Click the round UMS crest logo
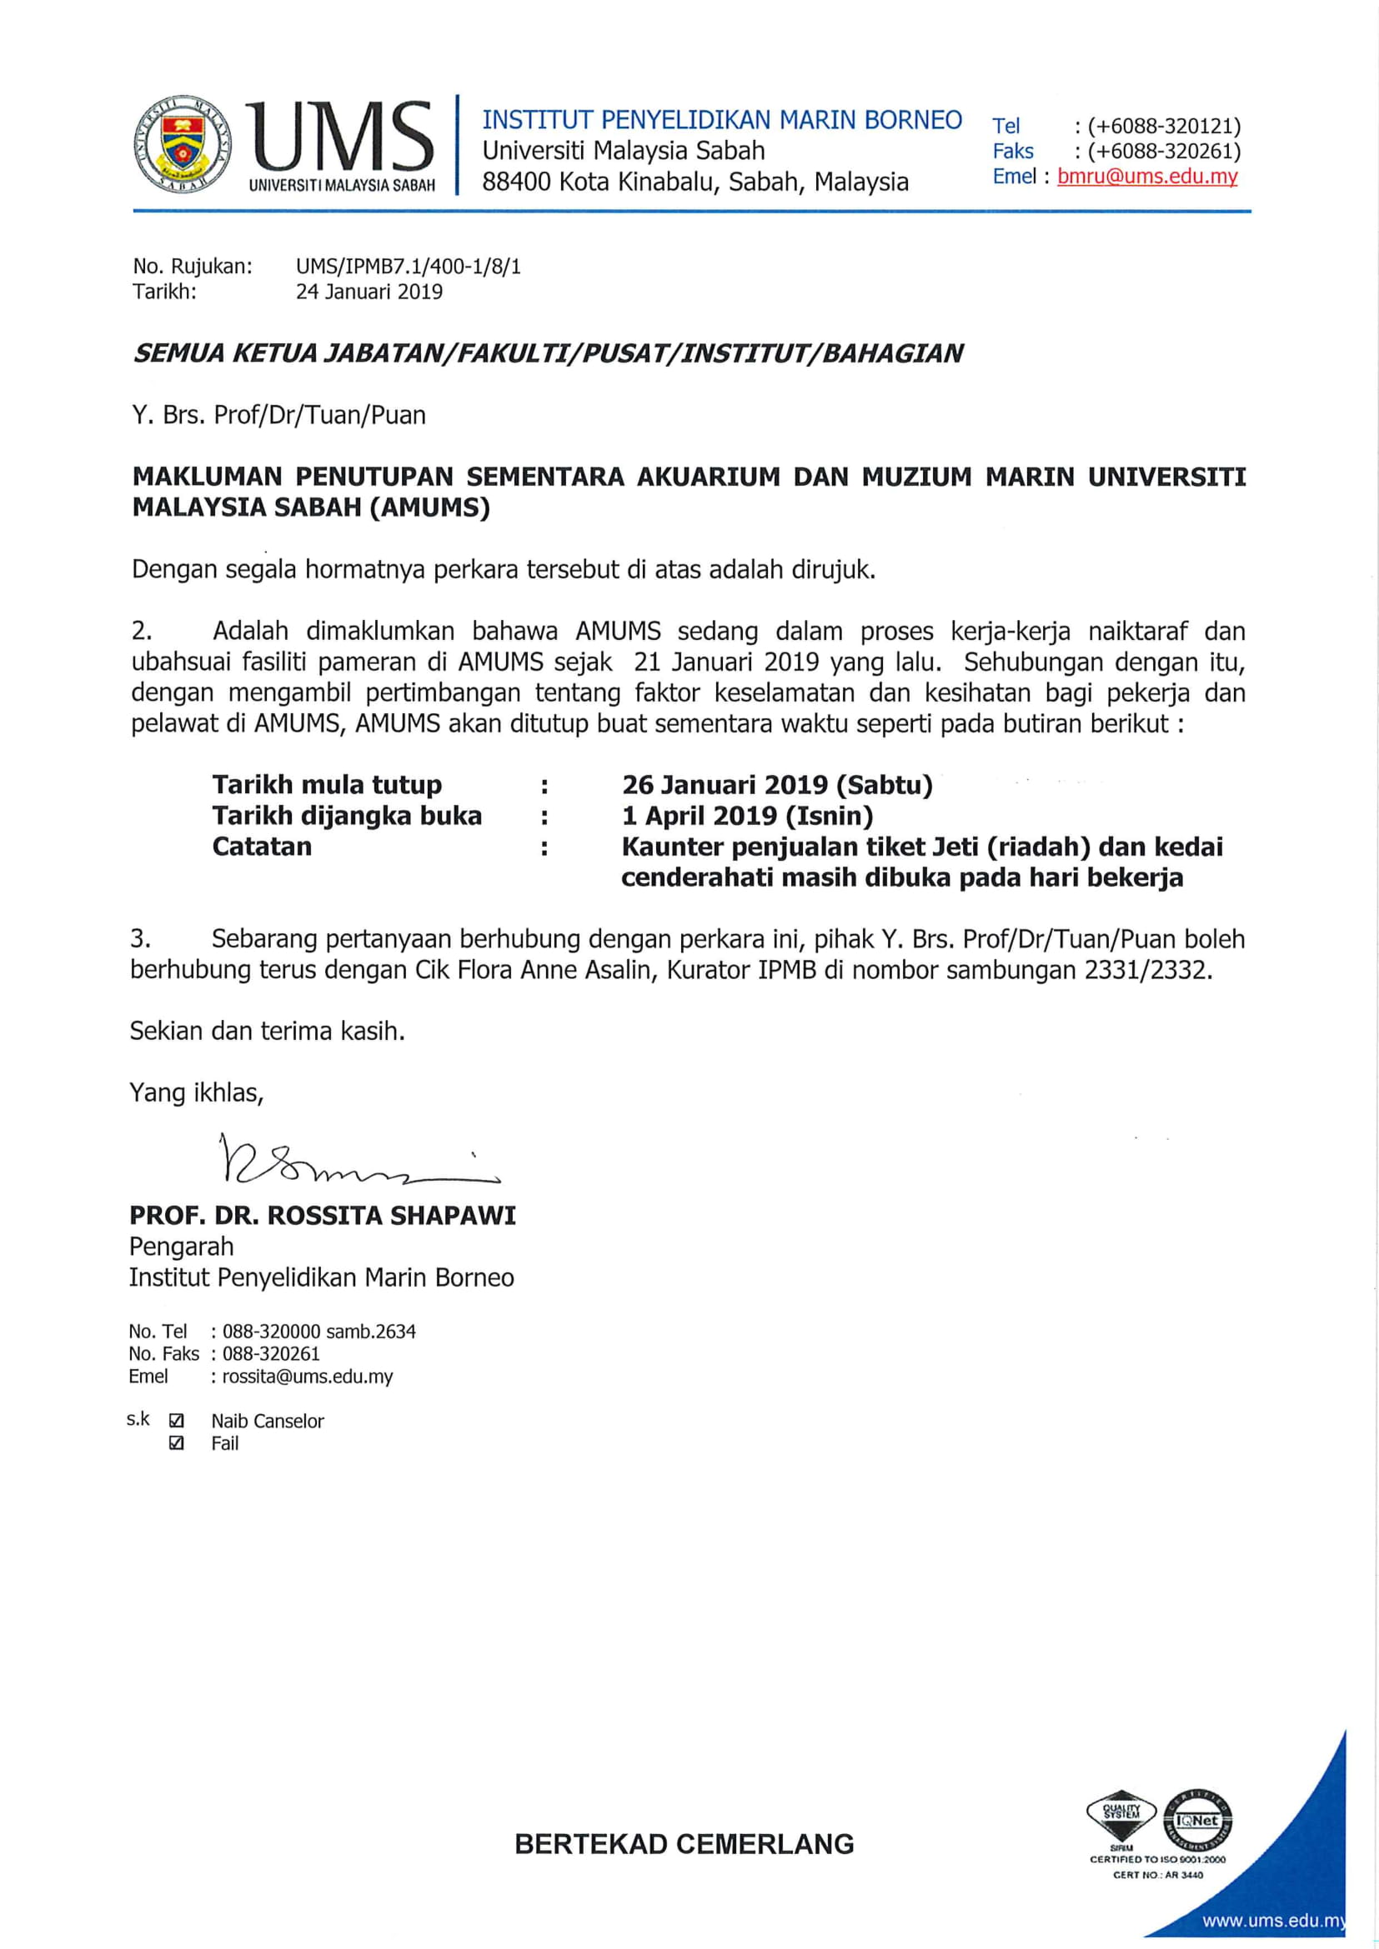point(183,143)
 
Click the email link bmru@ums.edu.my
point(1147,177)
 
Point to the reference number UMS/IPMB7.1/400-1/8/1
point(408,267)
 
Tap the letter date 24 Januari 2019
point(369,292)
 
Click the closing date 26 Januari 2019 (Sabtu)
point(777,784)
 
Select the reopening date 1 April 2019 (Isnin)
point(747,816)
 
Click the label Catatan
point(262,847)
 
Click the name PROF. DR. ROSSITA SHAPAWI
point(323,1216)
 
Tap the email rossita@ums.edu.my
point(308,1376)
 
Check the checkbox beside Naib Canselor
point(177,1420)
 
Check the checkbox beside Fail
point(177,1443)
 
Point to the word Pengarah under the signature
point(181,1246)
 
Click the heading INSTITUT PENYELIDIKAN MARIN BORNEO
point(722,120)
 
